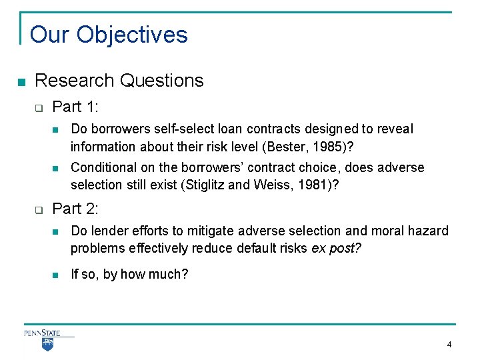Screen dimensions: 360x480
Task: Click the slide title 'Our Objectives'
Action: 109,35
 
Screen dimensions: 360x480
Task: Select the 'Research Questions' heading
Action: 119,81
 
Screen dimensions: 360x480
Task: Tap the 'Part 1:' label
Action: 75,107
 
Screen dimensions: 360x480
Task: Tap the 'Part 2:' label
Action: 75,209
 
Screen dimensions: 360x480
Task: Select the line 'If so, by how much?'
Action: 129,274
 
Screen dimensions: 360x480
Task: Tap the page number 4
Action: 449,345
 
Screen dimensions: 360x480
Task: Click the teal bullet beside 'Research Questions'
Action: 21,82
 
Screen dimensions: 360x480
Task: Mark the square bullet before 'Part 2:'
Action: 39,210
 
